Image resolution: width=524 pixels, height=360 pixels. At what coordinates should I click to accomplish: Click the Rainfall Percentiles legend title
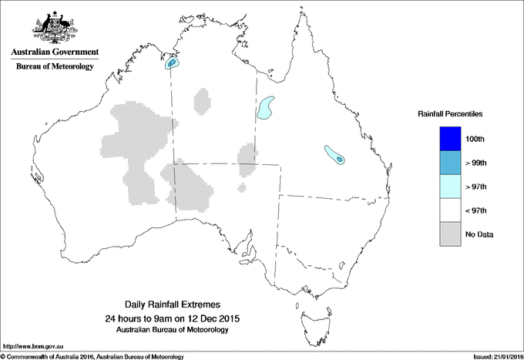tap(450, 113)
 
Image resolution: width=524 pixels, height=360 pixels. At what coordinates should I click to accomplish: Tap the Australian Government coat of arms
tap(54, 27)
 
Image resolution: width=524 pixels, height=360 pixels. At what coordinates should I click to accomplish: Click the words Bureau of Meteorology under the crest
tap(54, 67)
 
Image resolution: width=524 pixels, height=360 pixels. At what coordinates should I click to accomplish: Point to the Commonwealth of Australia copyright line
tap(92, 356)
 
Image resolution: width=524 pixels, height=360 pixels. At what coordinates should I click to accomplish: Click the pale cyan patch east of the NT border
tap(267, 107)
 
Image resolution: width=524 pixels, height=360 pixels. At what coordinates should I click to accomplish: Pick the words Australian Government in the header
tap(54, 52)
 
